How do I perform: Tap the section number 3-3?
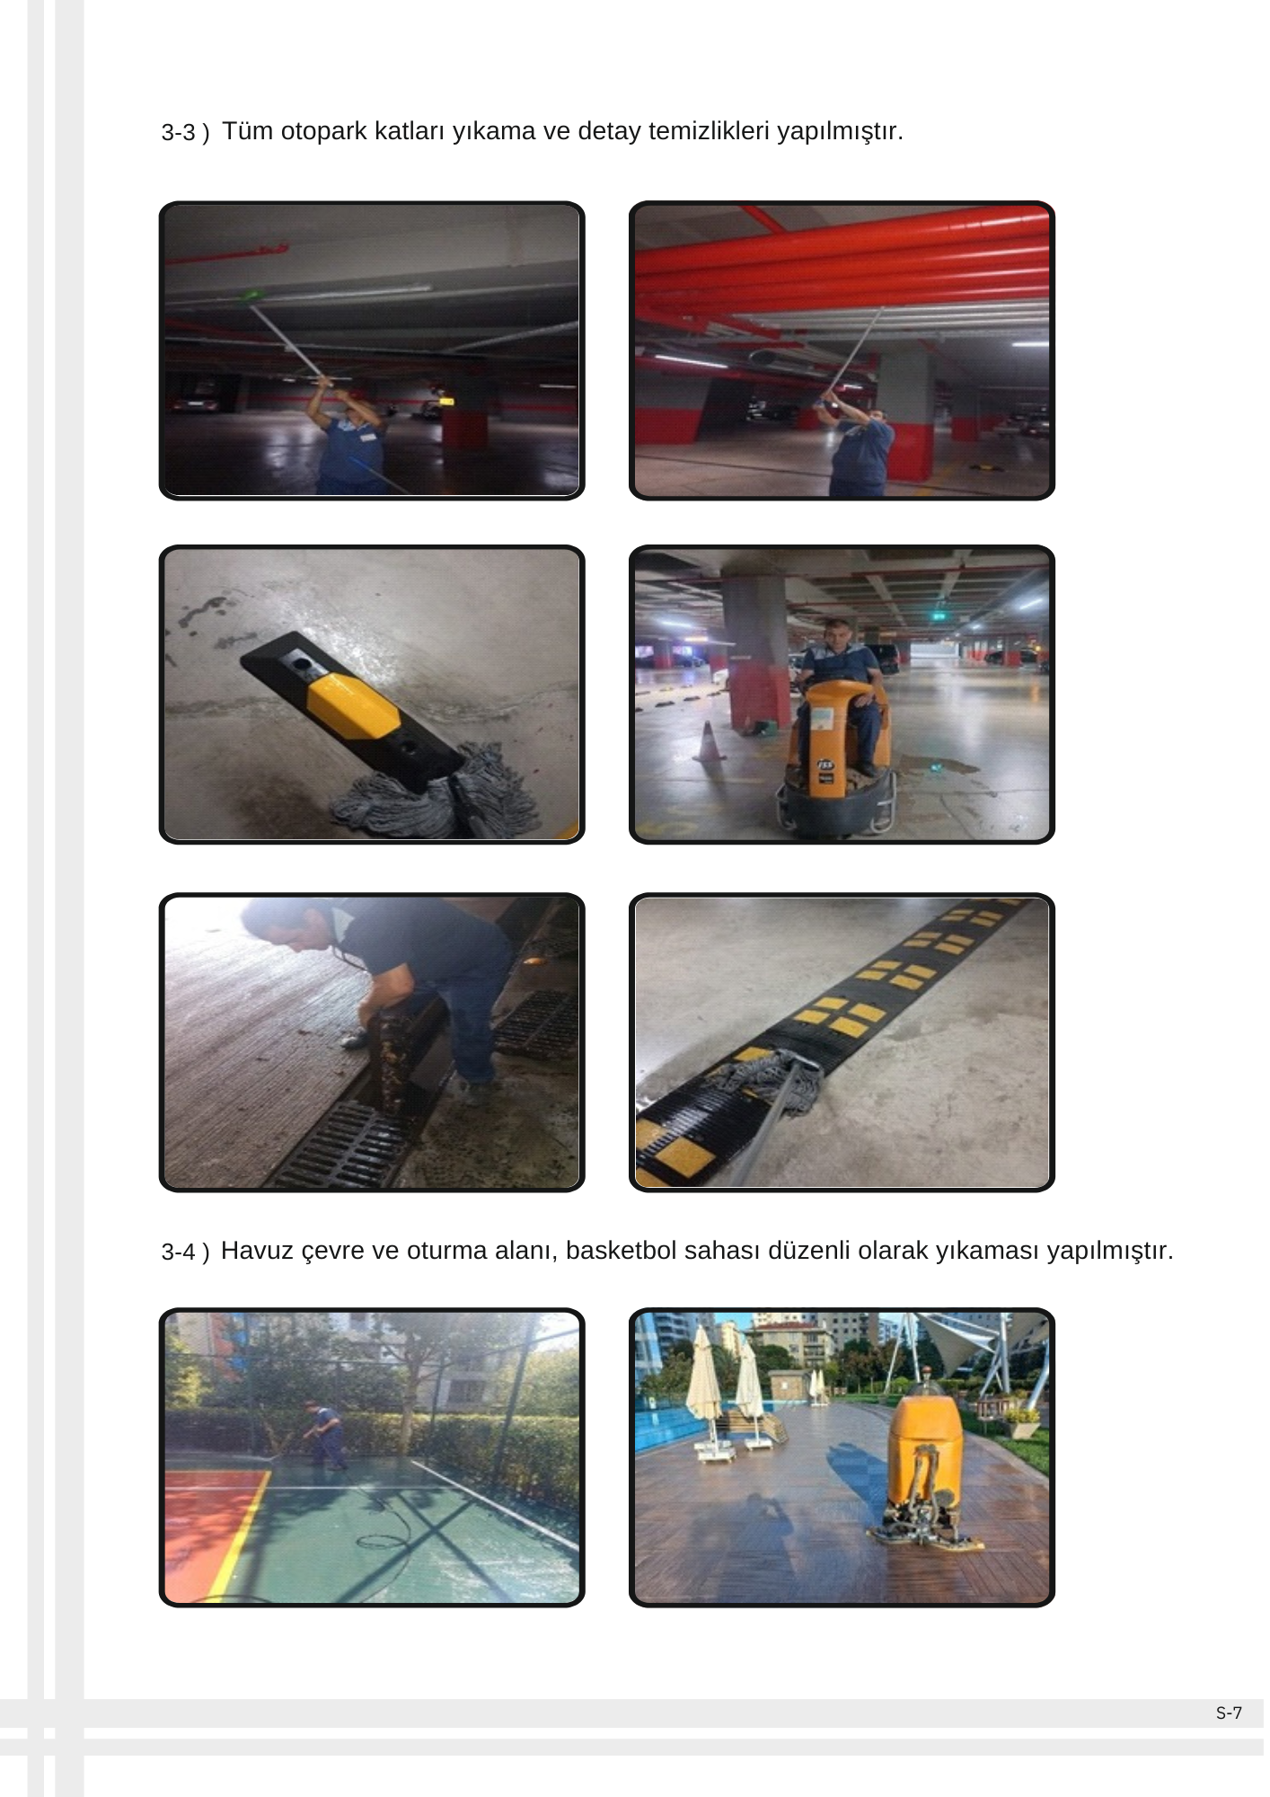coord(178,133)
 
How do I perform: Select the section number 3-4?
coord(178,1252)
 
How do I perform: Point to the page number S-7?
coord(1229,1713)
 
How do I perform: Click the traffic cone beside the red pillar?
coord(709,741)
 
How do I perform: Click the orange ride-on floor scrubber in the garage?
coord(838,755)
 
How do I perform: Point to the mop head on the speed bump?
coord(764,1082)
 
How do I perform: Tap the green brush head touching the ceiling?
coord(253,295)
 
